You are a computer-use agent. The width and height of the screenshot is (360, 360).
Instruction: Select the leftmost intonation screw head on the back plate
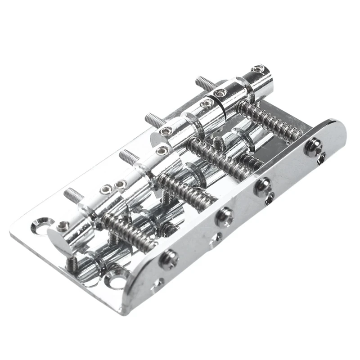[168, 258]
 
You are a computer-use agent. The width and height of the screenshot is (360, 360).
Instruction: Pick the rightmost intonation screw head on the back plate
[312, 147]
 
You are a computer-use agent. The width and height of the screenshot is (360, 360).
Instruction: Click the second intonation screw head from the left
[224, 216]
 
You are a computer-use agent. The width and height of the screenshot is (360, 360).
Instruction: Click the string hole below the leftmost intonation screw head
[159, 283]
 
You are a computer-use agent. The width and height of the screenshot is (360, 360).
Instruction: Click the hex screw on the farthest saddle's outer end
[257, 69]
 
